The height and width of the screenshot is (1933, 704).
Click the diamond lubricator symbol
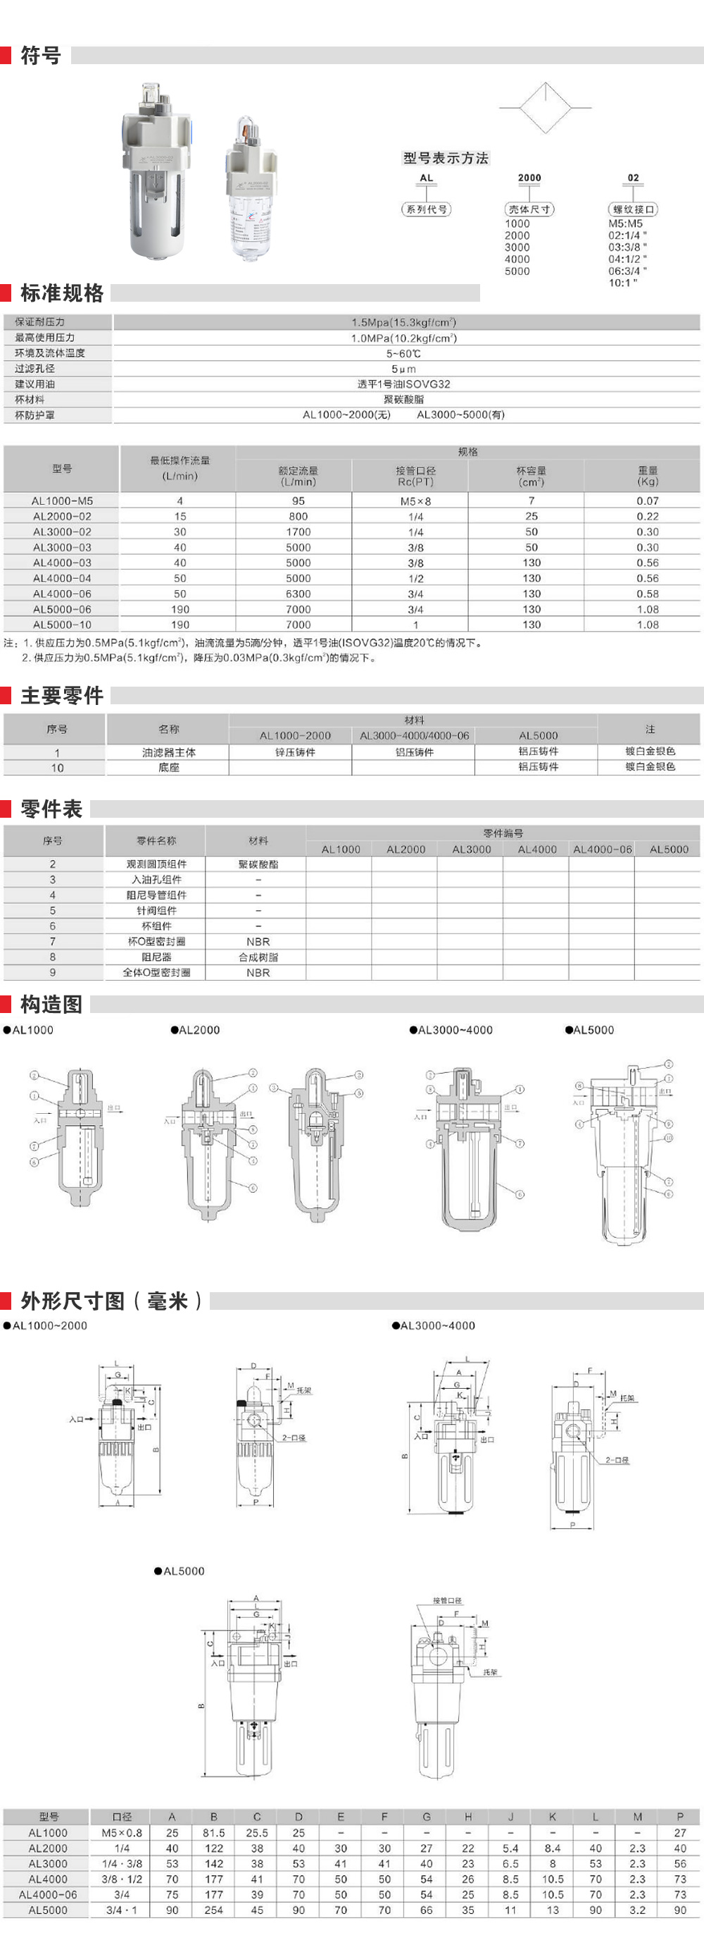point(545,107)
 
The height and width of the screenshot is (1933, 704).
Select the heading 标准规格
point(62,293)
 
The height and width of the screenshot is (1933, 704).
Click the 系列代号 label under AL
point(427,209)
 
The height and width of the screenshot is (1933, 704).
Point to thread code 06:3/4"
point(627,271)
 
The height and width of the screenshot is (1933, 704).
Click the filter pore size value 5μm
point(403,369)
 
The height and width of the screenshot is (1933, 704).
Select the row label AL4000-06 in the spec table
point(62,594)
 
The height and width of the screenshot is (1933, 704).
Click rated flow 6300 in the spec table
point(298,594)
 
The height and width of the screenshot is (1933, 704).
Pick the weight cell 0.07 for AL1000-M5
point(648,501)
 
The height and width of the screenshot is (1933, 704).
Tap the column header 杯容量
point(532,470)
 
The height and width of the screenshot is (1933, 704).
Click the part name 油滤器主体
point(169,752)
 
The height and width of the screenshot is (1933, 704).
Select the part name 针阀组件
point(156,910)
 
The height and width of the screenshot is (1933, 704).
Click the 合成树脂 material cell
point(258,957)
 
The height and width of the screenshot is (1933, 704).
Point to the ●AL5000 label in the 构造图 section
point(589,1029)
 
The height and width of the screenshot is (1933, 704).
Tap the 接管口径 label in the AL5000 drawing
point(447,1600)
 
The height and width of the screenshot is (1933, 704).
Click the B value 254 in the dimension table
point(214,1910)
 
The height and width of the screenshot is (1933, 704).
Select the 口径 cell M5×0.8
point(122,1832)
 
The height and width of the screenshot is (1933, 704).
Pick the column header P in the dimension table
point(680,1817)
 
